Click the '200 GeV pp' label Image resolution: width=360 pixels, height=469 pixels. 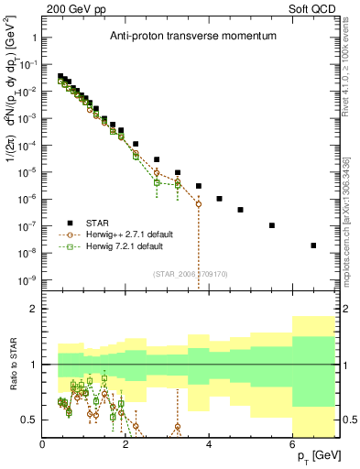tap(72, 9)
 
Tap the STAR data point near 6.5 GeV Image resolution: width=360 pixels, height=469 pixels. tap(313, 245)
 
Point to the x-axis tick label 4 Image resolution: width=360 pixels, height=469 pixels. tap(210, 445)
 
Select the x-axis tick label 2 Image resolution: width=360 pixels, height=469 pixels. tap(126, 445)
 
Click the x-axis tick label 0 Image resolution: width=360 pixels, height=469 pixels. tap(43, 445)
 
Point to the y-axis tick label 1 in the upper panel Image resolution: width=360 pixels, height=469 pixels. tap(34, 38)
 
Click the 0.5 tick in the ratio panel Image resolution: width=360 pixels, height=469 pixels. tap(29, 420)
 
